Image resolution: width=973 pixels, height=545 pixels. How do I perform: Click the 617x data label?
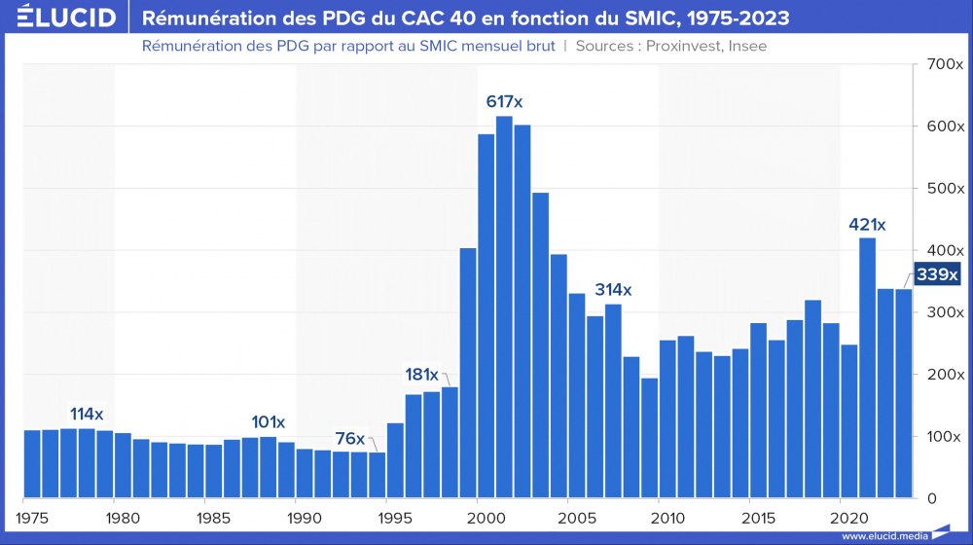511,101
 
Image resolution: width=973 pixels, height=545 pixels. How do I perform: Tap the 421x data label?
867,225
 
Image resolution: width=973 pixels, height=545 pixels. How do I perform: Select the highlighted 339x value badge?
938,274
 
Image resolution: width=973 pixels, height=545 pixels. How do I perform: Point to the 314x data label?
613,290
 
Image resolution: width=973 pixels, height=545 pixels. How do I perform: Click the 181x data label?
422,375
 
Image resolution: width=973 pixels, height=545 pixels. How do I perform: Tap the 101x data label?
268,422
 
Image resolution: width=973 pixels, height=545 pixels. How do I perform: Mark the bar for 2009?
649,438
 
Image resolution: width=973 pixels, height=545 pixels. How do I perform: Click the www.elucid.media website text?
882,535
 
